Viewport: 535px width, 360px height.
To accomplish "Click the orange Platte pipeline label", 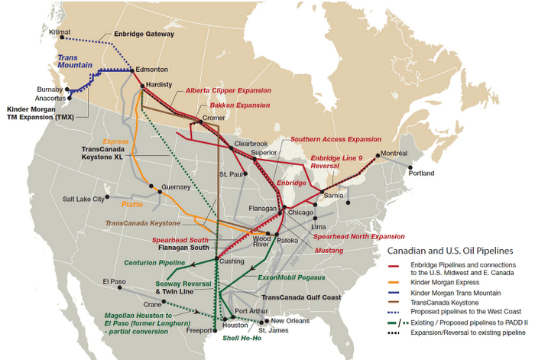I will [133, 204].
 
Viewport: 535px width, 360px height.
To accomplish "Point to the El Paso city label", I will [115, 282].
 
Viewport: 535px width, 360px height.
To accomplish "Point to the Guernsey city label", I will [175, 186].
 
